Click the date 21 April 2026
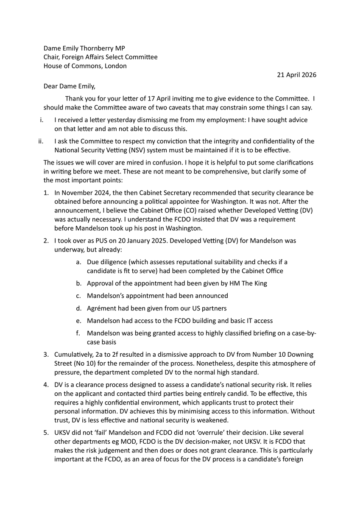pyautogui.click(x=296, y=75)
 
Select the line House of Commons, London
pyautogui.click(x=85, y=66)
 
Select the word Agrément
pyautogui.click(x=100, y=308)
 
